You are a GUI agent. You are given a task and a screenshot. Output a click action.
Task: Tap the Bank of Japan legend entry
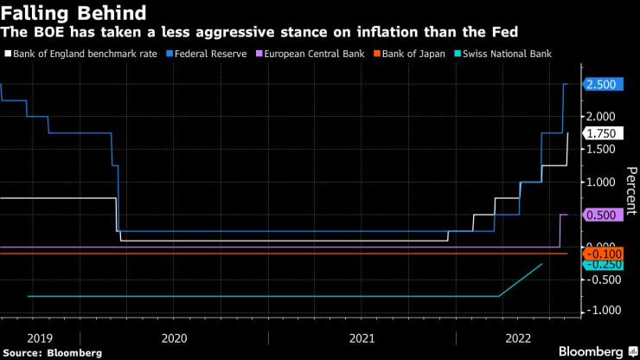pyautogui.click(x=410, y=54)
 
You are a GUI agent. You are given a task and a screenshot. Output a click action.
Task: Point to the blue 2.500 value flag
pyautogui.click(x=599, y=84)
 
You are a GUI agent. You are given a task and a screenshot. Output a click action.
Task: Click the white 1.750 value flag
pyautogui.click(x=599, y=133)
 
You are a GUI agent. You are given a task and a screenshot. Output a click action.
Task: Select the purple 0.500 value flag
pyautogui.click(x=599, y=215)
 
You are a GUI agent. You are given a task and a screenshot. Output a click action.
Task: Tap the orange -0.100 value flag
pyautogui.click(x=599, y=253)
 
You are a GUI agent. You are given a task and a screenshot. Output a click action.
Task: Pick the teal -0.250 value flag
pyautogui.click(x=599, y=264)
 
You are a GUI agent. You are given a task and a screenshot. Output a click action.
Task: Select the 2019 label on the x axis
pyautogui.click(x=41, y=337)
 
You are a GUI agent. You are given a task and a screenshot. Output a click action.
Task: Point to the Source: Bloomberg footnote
pyautogui.click(x=53, y=353)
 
